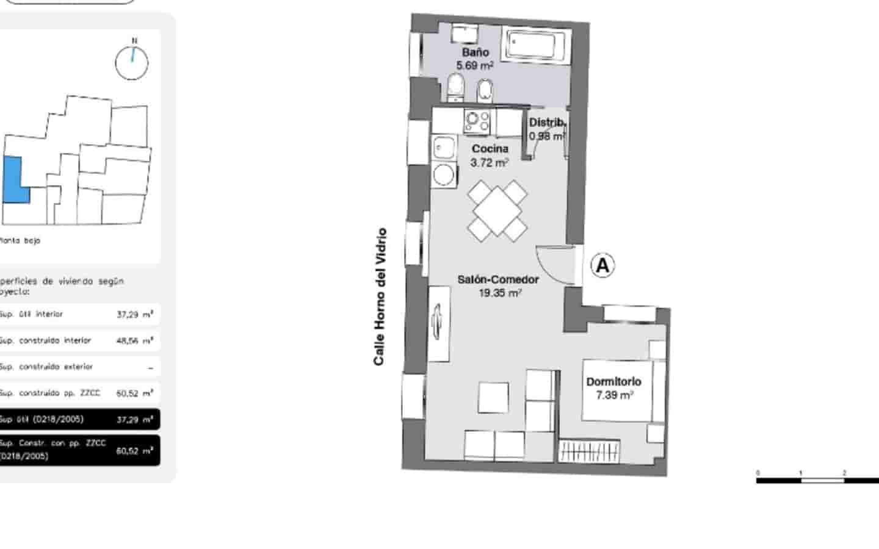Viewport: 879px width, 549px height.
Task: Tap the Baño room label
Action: click(x=475, y=52)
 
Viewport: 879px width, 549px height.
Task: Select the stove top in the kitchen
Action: click(x=476, y=121)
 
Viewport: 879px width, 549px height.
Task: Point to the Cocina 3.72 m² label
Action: click(x=490, y=156)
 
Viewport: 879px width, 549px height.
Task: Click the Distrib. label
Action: click(x=547, y=123)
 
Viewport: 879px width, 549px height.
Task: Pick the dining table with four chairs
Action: click(x=497, y=210)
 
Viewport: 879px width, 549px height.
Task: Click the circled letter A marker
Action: click(x=602, y=265)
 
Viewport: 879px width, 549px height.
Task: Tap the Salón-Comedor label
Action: click(x=498, y=279)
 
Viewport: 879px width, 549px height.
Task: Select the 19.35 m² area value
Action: click(x=500, y=293)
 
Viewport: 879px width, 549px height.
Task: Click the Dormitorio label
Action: click(x=613, y=382)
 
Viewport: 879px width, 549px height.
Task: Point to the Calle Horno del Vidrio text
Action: click(x=380, y=297)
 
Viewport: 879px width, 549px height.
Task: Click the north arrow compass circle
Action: click(x=132, y=63)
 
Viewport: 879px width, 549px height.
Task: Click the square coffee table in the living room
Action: click(x=493, y=397)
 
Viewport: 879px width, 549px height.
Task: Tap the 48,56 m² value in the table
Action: click(x=134, y=340)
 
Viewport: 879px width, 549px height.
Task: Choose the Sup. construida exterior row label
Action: click(x=46, y=367)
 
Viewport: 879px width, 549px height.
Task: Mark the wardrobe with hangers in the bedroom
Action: click(x=589, y=451)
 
